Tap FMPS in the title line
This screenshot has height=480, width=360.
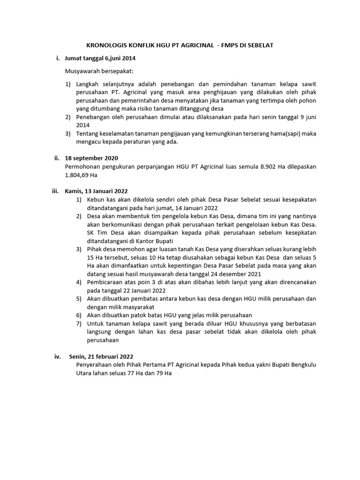point(233,45)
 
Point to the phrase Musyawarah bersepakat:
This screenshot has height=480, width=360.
point(99,71)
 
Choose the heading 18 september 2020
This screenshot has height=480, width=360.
point(91,158)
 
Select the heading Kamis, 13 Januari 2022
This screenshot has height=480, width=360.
point(97,191)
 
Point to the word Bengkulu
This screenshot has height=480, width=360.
point(301,365)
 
